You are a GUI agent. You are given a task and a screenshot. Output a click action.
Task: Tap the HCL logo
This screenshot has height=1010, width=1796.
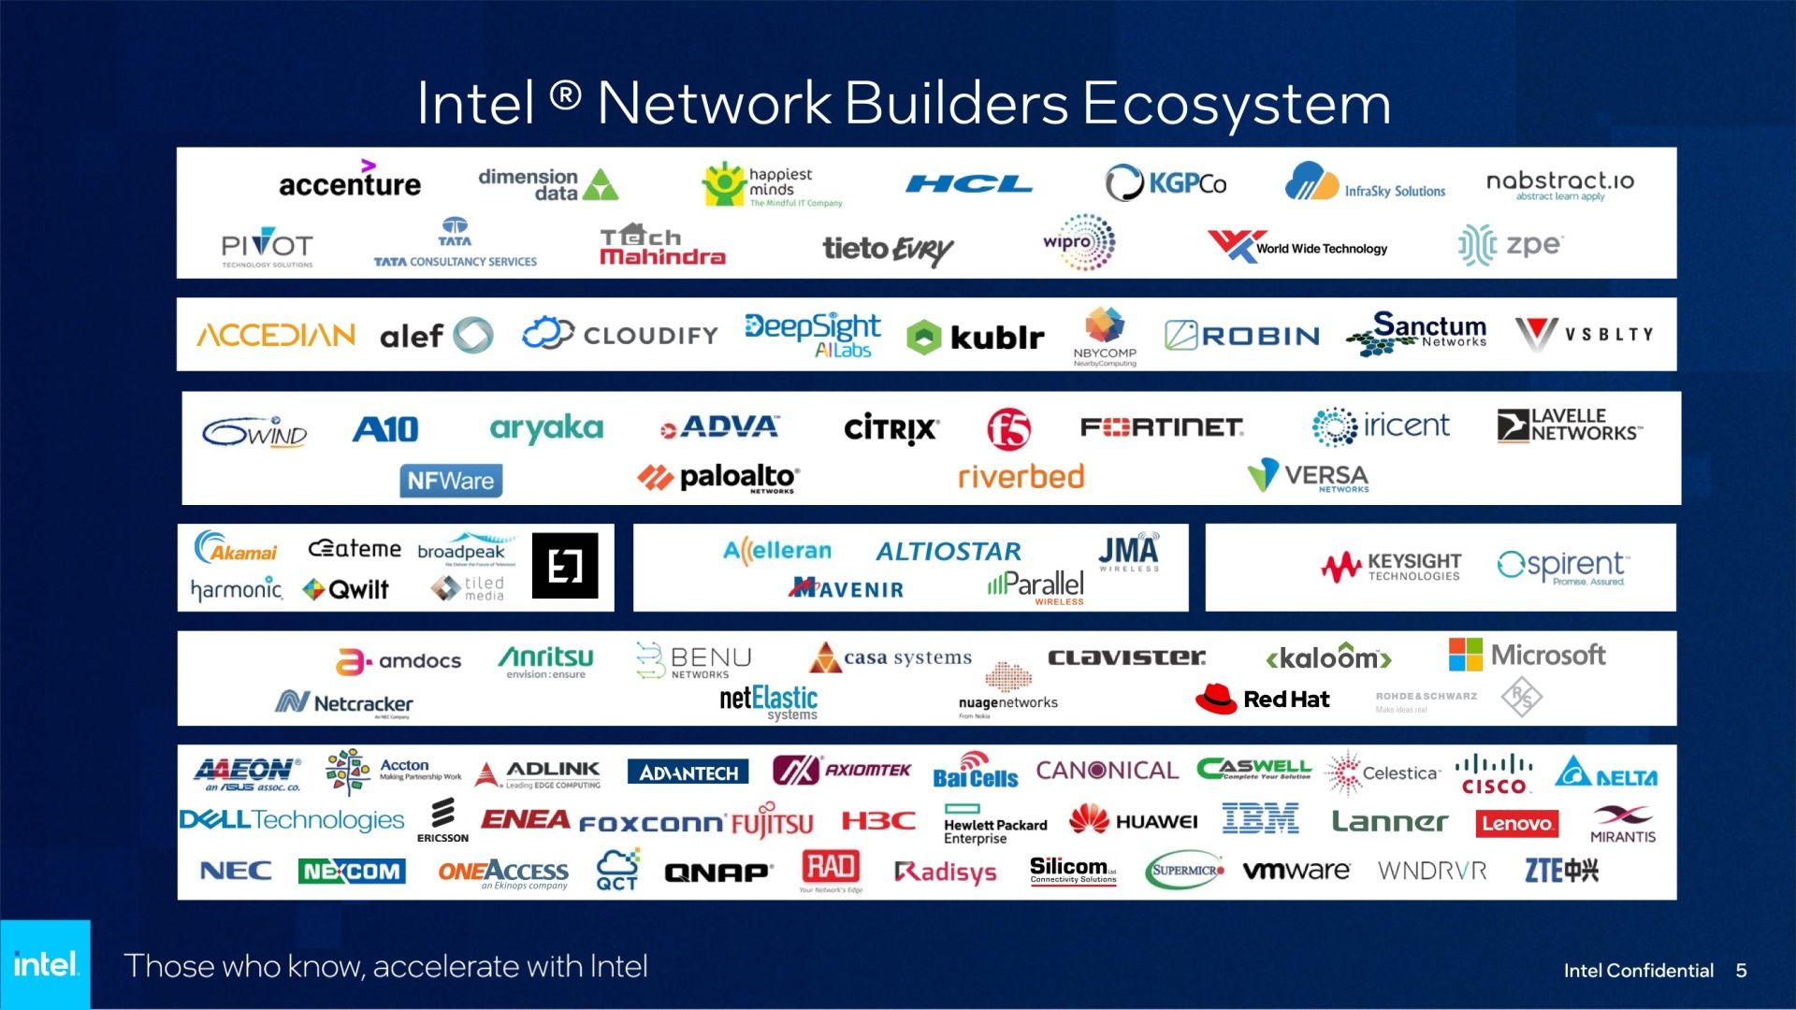tap(968, 184)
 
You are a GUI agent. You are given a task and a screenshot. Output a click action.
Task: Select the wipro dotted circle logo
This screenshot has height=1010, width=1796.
tap(1080, 242)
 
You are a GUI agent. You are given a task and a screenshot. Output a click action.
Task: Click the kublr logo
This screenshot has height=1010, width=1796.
tap(976, 337)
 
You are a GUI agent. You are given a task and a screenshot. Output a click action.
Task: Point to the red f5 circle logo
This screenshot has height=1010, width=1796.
tap(1009, 429)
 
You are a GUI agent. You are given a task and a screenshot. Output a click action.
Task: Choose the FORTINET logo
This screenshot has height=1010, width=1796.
tap(1162, 427)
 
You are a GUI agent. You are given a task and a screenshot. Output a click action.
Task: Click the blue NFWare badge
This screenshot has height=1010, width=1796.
tap(451, 481)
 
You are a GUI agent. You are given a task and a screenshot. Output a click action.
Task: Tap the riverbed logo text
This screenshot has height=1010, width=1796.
tap(1021, 477)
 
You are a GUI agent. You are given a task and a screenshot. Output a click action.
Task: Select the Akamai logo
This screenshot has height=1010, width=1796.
tap(236, 549)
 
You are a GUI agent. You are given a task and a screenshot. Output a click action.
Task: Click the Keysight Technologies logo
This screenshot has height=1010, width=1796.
tap(1391, 566)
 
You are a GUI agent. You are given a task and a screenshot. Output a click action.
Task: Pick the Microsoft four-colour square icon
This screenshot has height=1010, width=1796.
tap(1465, 655)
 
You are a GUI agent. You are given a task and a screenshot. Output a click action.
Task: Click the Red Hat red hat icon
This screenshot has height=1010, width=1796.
tap(1215, 699)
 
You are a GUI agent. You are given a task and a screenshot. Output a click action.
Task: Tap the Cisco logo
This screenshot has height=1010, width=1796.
tap(1494, 774)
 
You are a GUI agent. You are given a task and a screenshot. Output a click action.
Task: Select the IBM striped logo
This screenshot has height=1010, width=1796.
tap(1260, 819)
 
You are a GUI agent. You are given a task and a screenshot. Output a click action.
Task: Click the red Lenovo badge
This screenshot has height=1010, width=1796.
tap(1517, 823)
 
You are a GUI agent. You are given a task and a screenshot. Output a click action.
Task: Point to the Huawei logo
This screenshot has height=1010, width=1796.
tap(1133, 820)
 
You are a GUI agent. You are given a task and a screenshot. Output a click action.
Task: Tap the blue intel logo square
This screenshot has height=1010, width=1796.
tap(45, 963)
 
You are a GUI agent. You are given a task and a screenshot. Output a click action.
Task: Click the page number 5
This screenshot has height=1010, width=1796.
tap(1741, 971)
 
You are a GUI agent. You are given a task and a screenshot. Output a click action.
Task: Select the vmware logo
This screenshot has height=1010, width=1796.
tap(1296, 871)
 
